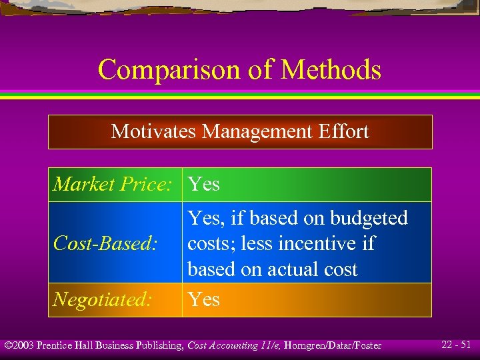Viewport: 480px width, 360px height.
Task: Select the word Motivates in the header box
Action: click(x=154, y=131)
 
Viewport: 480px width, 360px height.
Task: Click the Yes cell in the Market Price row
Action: click(x=203, y=184)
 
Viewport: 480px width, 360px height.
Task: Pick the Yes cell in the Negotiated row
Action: click(x=203, y=300)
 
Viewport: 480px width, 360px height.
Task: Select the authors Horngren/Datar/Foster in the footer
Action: click(x=337, y=345)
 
